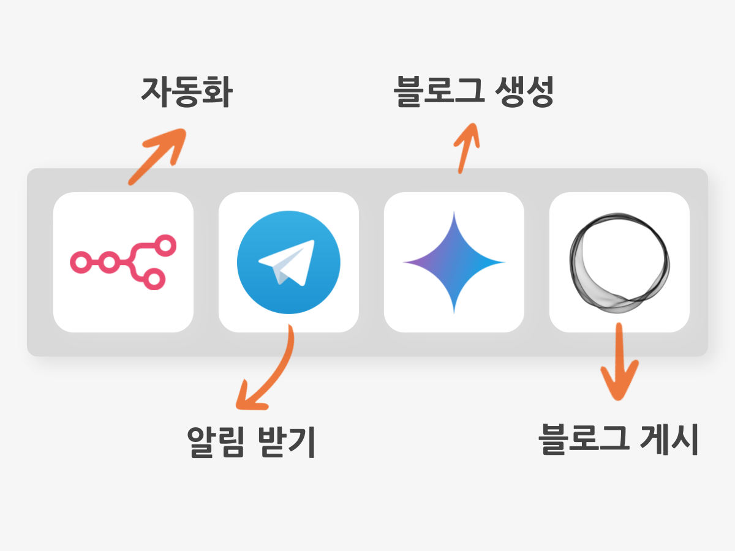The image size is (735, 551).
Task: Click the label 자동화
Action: point(187,92)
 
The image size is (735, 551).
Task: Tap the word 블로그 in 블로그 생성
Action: point(439,91)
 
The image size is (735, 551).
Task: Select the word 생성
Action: point(524,91)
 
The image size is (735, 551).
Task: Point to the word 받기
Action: point(287,441)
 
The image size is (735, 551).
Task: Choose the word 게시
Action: point(669,438)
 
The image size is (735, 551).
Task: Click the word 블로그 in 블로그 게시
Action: point(584,438)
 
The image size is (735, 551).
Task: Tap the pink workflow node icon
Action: point(123,262)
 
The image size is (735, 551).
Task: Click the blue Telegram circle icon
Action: point(288,262)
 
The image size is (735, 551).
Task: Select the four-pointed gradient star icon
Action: point(454,262)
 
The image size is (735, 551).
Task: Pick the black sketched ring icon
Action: point(619,263)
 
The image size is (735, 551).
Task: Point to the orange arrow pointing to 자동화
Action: point(157,156)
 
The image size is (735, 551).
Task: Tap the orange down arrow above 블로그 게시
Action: point(619,361)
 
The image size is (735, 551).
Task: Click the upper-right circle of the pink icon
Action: point(165,246)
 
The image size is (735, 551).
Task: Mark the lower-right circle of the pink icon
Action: point(154,279)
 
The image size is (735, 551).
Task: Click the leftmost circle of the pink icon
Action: point(81,262)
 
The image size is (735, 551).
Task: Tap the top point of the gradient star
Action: point(454,212)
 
